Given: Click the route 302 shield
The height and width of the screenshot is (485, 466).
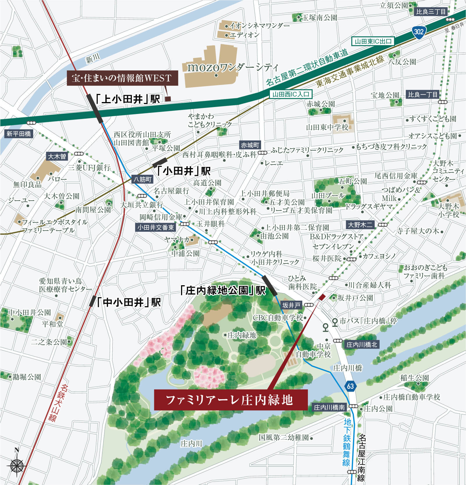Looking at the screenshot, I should coord(419,31).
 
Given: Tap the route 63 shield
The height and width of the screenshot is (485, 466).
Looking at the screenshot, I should coord(350,386).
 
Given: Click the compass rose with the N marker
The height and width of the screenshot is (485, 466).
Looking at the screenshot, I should coord(17,465).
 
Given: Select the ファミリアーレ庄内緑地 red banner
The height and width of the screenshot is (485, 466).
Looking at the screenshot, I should coord(230,400).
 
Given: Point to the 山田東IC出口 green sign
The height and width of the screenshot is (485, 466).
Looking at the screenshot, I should coord(373,41).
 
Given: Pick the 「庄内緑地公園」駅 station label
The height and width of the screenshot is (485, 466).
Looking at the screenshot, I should coord(223,290).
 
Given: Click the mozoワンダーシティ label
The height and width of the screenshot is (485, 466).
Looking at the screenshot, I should coord(233,67).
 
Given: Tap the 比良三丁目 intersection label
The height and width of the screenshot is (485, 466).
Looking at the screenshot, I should coord(431,12).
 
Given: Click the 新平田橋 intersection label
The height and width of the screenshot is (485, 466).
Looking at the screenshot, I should coord(19,134).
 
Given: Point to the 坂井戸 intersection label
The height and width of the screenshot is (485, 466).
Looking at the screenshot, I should coord(291,305).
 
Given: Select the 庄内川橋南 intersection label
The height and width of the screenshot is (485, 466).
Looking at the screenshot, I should coord(329,407).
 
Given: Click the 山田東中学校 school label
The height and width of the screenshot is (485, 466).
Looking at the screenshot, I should coord(327,127).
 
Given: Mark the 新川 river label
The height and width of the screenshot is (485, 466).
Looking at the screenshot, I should coord(93,59).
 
